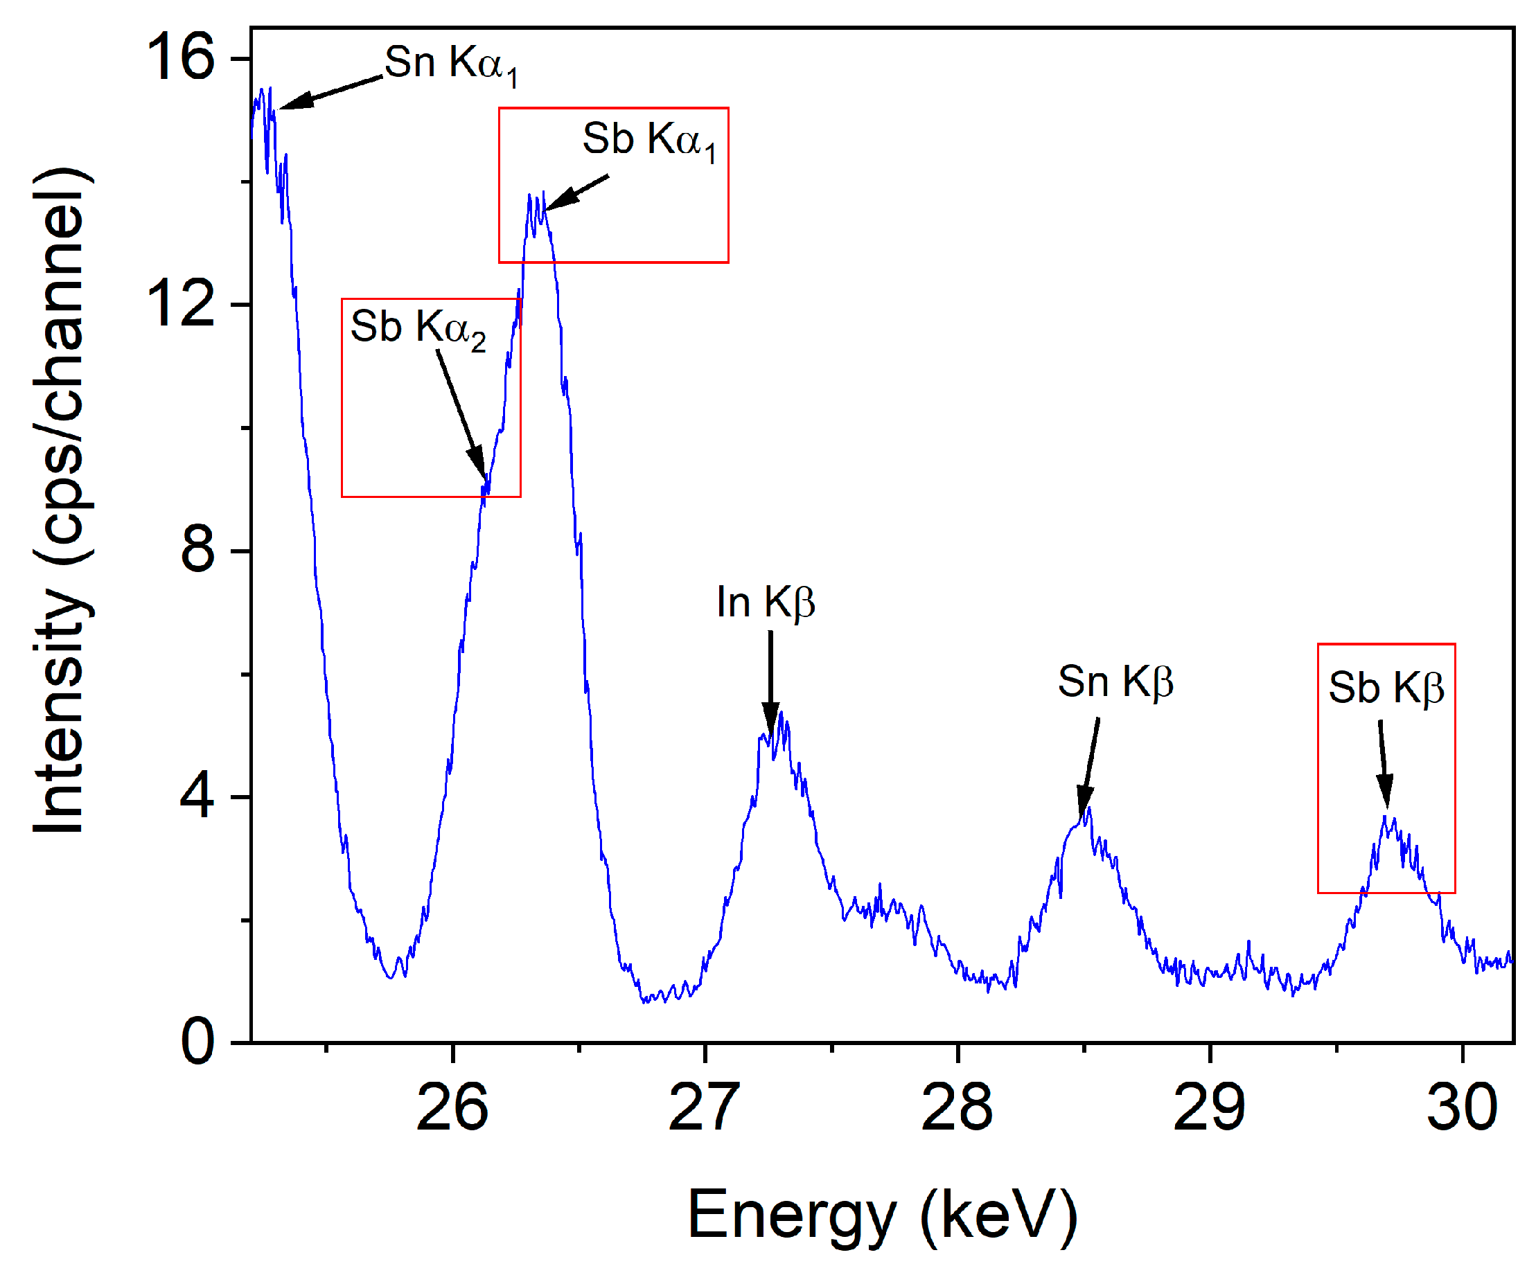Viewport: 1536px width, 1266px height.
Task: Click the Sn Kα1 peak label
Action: (451, 64)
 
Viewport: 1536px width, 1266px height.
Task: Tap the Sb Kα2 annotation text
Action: (418, 328)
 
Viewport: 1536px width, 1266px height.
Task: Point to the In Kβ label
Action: (765, 603)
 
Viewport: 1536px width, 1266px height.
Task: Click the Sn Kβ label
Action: (1115, 683)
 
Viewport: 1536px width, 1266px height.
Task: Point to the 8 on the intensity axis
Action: (197, 550)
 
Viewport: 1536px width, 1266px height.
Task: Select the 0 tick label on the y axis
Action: (197, 1042)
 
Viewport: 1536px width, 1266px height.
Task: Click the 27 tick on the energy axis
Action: (704, 1107)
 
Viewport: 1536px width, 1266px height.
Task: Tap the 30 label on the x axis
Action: (1461, 1107)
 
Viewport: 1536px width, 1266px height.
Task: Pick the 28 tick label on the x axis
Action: (956, 1107)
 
